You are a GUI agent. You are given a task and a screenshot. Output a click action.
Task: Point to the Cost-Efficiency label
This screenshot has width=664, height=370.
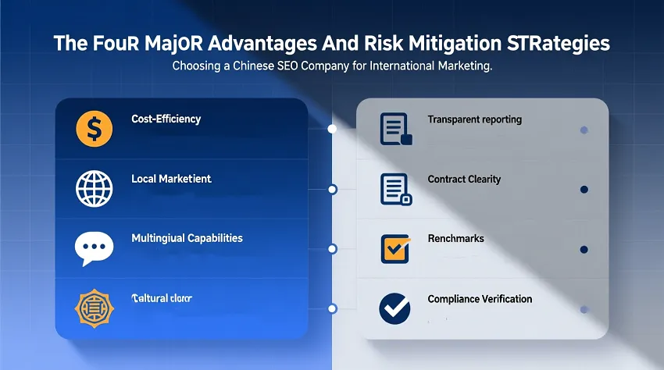pyautogui.click(x=166, y=119)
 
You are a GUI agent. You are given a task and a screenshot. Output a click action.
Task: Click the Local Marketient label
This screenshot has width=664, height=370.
pyautogui.click(x=171, y=179)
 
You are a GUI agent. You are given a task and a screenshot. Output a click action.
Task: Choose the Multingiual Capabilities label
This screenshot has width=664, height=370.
pyautogui.click(x=187, y=238)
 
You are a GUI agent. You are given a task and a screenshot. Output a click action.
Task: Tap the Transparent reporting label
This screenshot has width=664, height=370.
pyautogui.click(x=474, y=119)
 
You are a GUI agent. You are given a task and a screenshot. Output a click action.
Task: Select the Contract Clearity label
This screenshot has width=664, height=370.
pyautogui.click(x=464, y=179)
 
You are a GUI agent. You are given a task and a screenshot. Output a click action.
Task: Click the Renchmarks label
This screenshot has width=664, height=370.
pyautogui.click(x=455, y=238)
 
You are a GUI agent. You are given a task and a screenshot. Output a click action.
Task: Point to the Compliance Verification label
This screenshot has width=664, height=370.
pyautogui.click(x=480, y=299)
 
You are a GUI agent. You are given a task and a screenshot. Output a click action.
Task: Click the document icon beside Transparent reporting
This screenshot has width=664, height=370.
pyautogui.click(x=395, y=129)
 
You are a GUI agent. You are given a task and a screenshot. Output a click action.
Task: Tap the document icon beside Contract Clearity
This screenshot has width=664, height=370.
pyautogui.click(x=395, y=189)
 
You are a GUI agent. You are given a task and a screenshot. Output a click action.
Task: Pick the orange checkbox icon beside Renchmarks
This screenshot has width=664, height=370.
pyautogui.click(x=395, y=248)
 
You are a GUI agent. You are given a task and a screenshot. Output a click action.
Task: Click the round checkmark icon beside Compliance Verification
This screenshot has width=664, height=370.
pyautogui.click(x=395, y=308)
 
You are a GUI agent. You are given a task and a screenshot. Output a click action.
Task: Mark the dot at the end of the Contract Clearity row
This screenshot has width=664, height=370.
pyautogui.click(x=584, y=190)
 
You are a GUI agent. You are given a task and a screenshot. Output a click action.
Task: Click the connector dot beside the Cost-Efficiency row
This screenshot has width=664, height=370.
pyautogui.click(x=332, y=129)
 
